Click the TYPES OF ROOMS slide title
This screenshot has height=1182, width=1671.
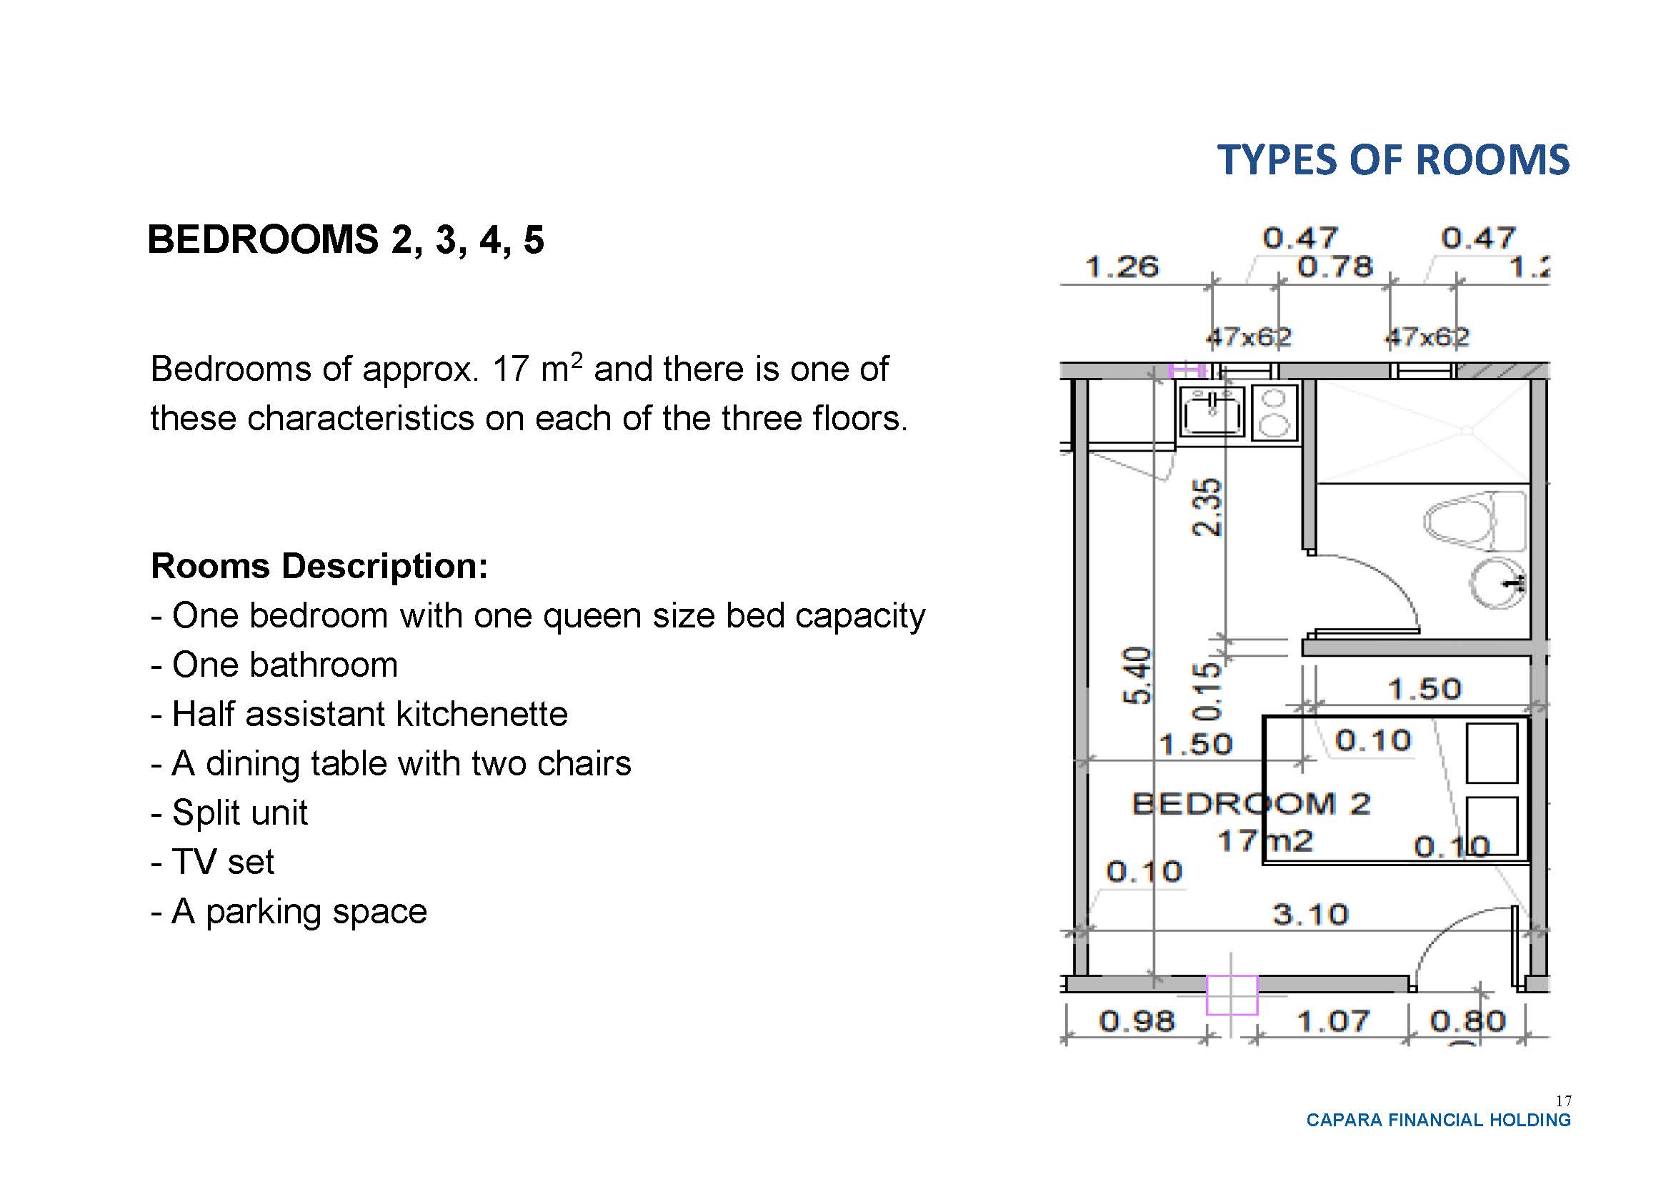[x=1393, y=160]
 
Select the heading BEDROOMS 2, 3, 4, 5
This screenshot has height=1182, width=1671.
[x=346, y=239]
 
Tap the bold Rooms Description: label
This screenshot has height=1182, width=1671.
[x=319, y=565]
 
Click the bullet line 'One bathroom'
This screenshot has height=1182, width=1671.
[x=274, y=665]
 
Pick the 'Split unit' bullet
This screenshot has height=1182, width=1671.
[x=229, y=813]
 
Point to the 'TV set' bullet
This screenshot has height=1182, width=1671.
[x=212, y=862]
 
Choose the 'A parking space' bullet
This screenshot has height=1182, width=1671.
[x=289, y=911]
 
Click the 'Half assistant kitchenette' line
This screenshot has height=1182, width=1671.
[x=359, y=714]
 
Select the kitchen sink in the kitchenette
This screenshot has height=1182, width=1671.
[x=1212, y=412]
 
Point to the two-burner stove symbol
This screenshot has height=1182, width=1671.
[x=1274, y=412]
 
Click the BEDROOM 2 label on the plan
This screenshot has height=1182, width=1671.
[x=1252, y=804]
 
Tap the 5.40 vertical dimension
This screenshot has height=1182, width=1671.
[x=1138, y=675]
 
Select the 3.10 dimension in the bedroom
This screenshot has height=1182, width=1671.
[x=1311, y=914]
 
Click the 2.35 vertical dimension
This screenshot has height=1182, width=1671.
[x=1206, y=507]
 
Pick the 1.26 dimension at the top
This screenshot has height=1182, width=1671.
[x=1122, y=267]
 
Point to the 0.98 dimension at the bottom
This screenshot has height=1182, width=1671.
[x=1137, y=1021]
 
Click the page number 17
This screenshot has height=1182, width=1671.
[x=1563, y=1101]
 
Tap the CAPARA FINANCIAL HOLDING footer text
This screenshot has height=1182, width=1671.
[x=1439, y=1120]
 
